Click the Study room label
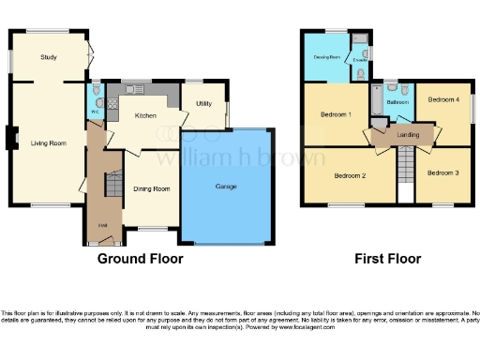pos(49,57)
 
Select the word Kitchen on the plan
pos(145,115)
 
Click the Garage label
pos(225,187)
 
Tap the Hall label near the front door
pos(100,224)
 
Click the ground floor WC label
pos(95,112)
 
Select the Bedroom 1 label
pos(336,114)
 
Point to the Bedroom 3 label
pos(442,172)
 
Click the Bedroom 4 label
pos(442,99)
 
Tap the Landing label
pos(409,135)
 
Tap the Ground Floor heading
pos(141,259)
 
